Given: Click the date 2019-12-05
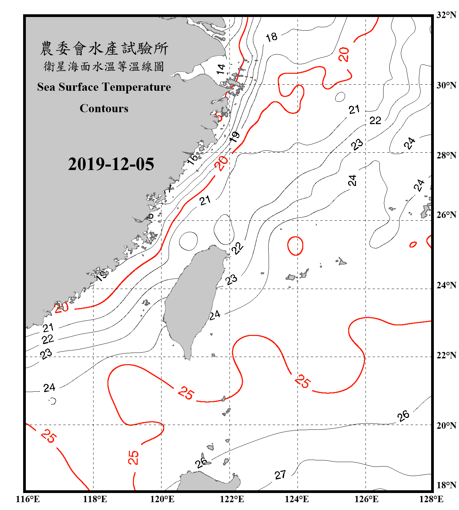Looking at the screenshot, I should point(111,164).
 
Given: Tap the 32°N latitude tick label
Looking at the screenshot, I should point(446,15).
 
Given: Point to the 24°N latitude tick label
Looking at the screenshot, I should point(446,285).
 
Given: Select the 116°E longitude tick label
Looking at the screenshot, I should point(28,499).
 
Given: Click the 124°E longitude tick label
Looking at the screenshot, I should point(297,499).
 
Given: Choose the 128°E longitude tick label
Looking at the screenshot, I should point(431,499).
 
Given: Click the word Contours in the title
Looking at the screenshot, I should point(104,108).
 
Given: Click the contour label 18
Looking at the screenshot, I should point(271,37).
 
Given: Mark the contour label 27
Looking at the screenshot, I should point(280,475).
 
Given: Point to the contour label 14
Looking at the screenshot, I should point(221,69).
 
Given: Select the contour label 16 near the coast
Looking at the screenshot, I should point(193,158).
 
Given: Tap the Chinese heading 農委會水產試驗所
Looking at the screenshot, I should point(104,49).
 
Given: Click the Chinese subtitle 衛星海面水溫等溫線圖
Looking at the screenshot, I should point(104,66).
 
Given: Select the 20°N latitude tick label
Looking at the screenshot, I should point(446,425).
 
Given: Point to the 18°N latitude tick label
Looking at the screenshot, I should point(446,485).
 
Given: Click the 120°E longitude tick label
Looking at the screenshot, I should point(162,499).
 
